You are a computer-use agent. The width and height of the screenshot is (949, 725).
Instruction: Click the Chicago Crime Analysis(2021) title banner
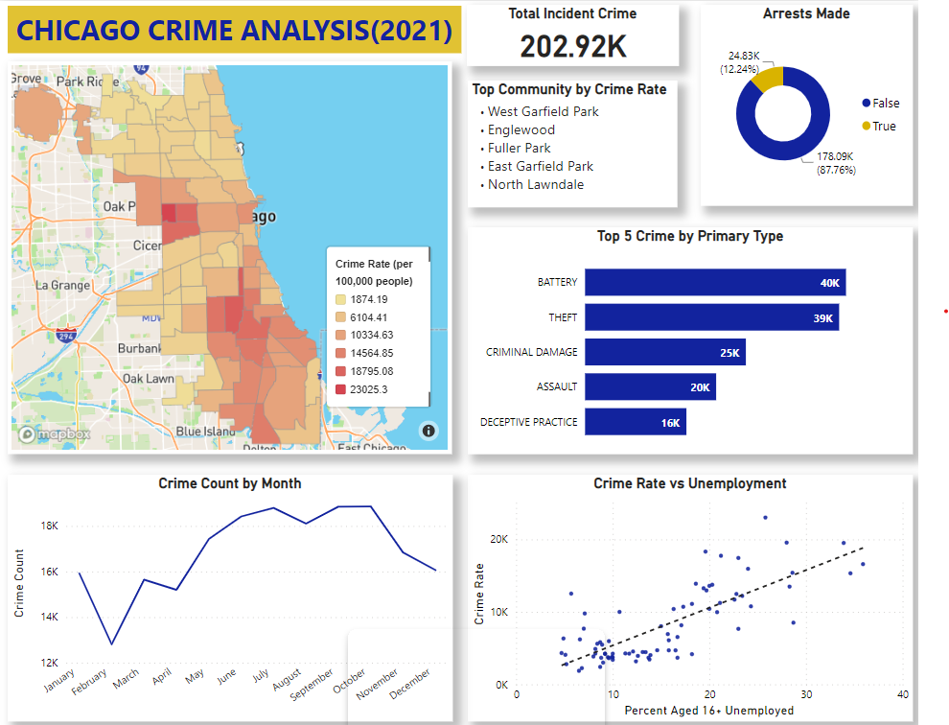click(x=235, y=31)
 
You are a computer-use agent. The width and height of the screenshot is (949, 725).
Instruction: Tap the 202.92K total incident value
click(x=573, y=46)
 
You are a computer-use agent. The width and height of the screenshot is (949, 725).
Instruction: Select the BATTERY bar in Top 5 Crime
click(x=714, y=282)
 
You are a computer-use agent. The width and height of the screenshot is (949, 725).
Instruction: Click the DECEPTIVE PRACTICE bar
click(x=635, y=422)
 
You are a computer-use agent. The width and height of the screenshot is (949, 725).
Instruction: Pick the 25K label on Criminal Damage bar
click(x=729, y=352)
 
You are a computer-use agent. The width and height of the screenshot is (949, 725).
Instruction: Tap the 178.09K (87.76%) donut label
click(x=835, y=163)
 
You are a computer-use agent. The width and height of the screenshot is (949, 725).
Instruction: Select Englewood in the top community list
click(x=521, y=129)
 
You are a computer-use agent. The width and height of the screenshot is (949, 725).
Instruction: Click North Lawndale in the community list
click(x=535, y=184)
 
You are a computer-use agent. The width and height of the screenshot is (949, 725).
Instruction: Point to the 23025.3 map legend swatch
click(x=341, y=389)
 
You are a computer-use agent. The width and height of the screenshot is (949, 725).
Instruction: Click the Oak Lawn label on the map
click(x=148, y=379)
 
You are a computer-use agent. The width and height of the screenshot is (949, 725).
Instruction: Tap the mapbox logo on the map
click(x=55, y=434)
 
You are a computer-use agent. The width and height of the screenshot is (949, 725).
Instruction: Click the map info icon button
click(x=428, y=431)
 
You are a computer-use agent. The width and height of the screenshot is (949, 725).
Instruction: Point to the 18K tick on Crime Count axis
click(x=49, y=526)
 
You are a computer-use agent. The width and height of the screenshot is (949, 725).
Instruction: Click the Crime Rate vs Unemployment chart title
click(x=689, y=483)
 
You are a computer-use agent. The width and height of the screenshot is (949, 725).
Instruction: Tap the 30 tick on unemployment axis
click(x=806, y=694)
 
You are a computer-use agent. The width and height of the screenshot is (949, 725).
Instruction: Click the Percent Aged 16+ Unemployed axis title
click(x=708, y=711)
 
